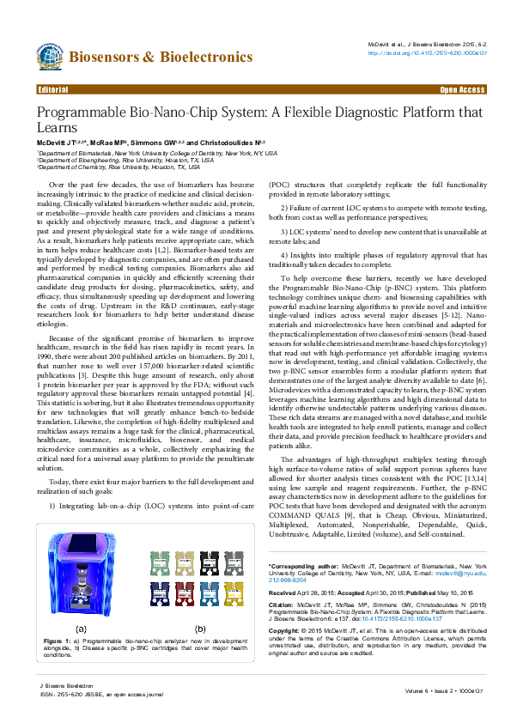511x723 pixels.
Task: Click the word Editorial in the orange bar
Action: pyautogui.click(x=53, y=89)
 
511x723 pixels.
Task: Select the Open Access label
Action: pyautogui.click(x=462, y=89)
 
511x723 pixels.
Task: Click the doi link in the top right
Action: pyautogui.click(x=428, y=52)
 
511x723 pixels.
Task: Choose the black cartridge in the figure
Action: pyautogui.click(x=209, y=562)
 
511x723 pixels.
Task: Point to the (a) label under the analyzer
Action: pyautogui.click(x=79, y=629)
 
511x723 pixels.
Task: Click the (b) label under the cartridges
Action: pyautogui.click(x=199, y=629)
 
